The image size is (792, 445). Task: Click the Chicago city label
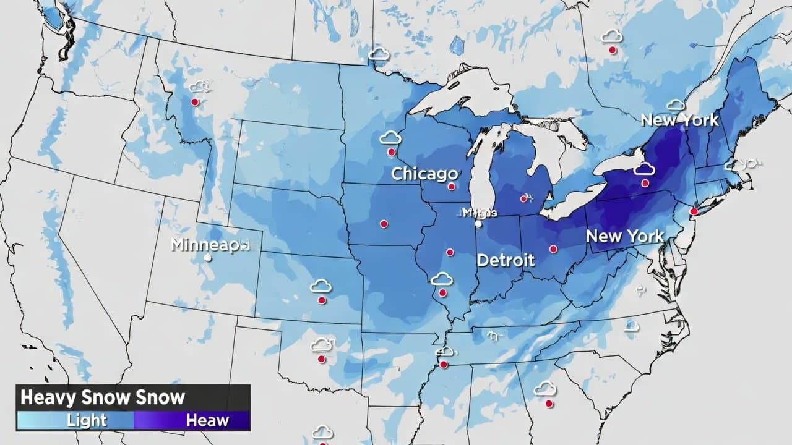(424, 174)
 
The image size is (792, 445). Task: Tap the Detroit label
(506, 260)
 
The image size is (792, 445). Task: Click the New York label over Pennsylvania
(625, 236)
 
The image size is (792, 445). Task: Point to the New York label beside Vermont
(679, 120)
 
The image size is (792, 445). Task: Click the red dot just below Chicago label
(452, 186)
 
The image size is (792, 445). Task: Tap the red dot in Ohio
(553, 249)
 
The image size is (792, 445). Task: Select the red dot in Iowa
(384, 224)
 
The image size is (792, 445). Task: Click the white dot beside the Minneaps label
(209, 258)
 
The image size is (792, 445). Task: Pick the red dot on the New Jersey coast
(694, 211)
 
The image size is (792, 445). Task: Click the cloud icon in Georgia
(544, 389)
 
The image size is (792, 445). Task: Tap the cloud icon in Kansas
(321, 286)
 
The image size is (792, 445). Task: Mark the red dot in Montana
(195, 102)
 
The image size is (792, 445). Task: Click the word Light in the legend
(87, 421)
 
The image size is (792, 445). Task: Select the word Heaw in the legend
(207, 421)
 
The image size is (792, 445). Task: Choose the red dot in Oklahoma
(321, 359)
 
